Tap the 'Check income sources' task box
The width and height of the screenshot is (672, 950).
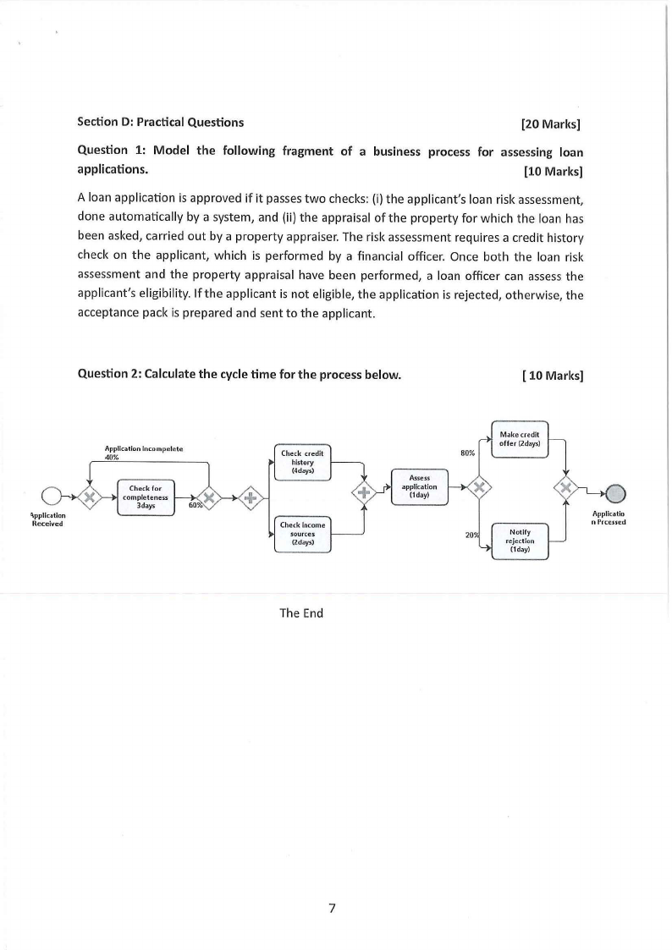tap(302, 535)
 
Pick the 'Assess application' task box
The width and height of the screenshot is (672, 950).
tap(421, 487)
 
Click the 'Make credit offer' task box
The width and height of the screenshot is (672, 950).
tap(520, 439)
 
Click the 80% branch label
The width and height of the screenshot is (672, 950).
tap(467, 453)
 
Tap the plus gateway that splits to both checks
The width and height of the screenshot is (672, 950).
tap(250, 497)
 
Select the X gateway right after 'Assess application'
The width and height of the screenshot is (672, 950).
tap(480, 487)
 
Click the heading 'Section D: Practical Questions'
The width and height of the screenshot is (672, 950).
tap(160, 122)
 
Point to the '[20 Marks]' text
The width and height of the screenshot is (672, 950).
tap(551, 123)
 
